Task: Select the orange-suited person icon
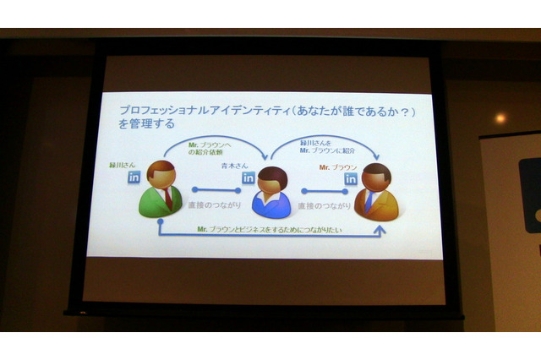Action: pos(377,192)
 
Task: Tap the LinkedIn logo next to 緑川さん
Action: pos(134,178)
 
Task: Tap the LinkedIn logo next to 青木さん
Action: pos(249,178)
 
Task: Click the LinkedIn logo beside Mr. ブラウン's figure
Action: pos(350,179)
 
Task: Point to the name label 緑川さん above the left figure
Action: pos(124,166)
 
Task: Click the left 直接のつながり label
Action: pos(215,205)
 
